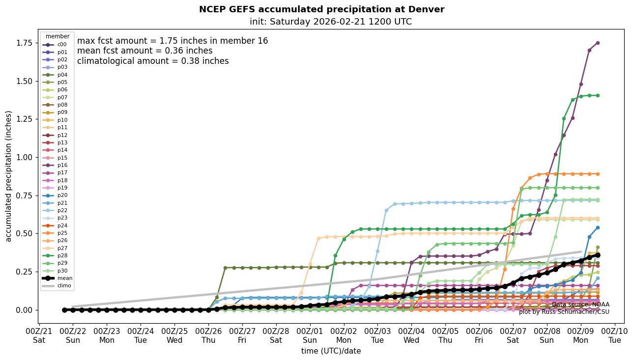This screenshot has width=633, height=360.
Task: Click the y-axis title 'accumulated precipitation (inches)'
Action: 8,176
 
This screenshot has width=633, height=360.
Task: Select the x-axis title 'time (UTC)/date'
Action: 331,351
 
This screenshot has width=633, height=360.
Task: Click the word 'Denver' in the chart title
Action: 426,9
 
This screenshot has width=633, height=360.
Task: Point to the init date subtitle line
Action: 331,22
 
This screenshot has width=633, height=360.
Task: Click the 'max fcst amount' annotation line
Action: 173,41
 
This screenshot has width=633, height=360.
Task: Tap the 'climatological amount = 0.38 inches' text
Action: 153,61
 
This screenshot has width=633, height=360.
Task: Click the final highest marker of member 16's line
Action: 598,43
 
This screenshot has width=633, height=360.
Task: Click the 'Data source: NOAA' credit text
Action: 580,305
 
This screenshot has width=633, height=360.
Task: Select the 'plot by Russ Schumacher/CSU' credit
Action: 564,312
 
